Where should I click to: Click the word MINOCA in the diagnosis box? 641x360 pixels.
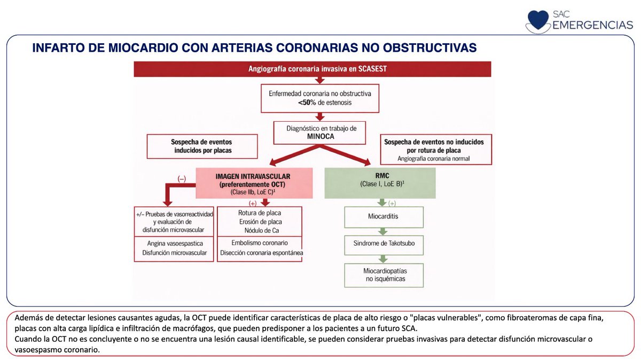coord(319,137)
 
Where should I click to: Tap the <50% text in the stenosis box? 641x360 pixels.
coord(309,103)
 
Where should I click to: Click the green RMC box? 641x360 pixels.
coord(380,183)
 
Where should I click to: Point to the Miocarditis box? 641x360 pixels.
coord(384,217)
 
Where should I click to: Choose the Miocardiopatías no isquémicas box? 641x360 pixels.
coord(384,275)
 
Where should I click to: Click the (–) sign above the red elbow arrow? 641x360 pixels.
coord(182,178)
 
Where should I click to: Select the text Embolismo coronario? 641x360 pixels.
coord(260,242)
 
